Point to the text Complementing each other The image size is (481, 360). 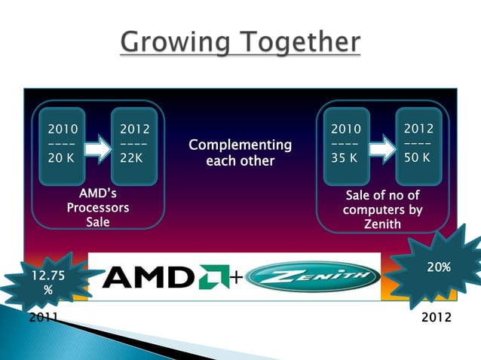(x=240, y=152)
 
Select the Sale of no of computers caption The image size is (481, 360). (x=382, y=208)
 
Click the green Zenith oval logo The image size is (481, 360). (x=312, y=277)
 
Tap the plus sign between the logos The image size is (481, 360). (x=235, y=279)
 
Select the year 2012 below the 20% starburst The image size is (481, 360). (x=437, y=317)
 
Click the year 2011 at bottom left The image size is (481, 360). (x=44, y=317)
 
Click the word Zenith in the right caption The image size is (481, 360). (x=383, y=224)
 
